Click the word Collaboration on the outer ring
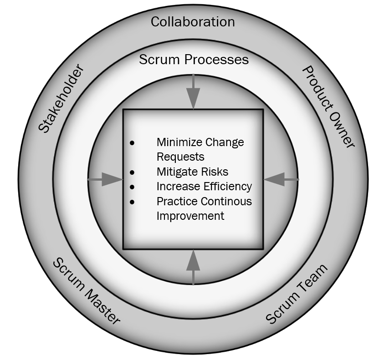coord(193,21)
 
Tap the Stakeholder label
coord(61,99)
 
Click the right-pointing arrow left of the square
coord(106,179)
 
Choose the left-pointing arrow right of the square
coord(281,180)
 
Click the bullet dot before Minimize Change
coord(133,143)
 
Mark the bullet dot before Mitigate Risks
coord(133,172)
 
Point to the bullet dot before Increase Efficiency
coord(133,187)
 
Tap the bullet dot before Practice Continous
coord(133,202)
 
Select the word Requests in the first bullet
coord(180,157)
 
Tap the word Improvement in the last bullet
coord(190,216)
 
